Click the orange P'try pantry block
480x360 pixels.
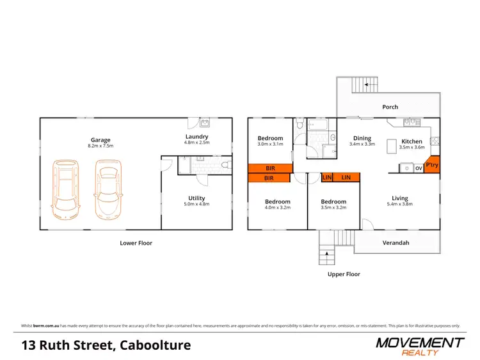432,164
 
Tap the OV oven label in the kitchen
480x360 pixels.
419,168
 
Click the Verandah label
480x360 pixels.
396,243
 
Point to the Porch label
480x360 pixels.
390,107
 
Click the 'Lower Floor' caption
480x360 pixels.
136,243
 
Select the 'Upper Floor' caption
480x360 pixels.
344,274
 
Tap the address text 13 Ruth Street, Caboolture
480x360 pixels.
106,346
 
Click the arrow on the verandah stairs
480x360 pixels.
328,255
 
